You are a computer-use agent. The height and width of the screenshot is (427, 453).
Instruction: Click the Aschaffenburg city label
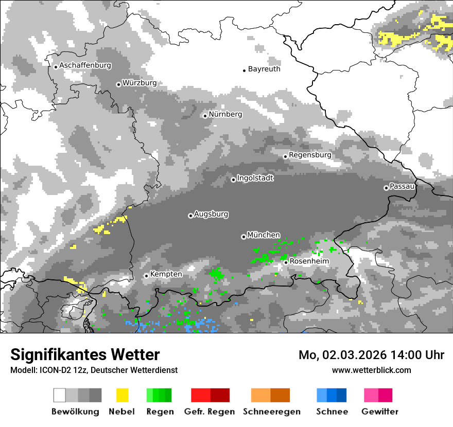click(85, 66)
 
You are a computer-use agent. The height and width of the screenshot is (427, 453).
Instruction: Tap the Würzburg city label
click(140, 83)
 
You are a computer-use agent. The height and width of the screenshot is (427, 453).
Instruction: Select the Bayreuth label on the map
click(264, 69)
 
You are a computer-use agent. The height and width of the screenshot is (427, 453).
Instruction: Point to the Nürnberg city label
click(225, 114)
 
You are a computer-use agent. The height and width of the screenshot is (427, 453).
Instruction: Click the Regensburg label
click(310, 155)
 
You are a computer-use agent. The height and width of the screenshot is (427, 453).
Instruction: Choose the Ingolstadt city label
click(255, 179)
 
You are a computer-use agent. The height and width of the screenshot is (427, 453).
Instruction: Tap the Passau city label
click(402, 186)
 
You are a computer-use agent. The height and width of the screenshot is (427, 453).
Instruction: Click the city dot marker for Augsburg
click(190, 216)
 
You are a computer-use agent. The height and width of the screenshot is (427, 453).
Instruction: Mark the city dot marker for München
click(243, 237)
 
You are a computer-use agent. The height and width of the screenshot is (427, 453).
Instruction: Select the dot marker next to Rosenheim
click(286, 262)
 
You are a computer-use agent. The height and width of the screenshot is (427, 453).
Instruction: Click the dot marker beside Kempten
click(146, 276)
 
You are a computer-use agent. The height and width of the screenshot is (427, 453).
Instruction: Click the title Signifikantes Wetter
click(85, 355)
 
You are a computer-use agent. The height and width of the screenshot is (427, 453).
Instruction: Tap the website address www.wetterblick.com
click(372, 370)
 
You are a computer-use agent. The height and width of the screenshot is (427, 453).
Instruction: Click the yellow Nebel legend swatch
click(122, 395)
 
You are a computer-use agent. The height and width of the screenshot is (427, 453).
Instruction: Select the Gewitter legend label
click(380, 412)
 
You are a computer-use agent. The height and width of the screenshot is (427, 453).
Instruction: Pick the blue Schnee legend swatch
click(332, 395)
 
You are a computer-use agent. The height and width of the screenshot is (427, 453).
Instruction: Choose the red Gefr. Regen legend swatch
click(210, 395)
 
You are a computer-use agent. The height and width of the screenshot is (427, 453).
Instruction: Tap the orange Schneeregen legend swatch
click(271, 395)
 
